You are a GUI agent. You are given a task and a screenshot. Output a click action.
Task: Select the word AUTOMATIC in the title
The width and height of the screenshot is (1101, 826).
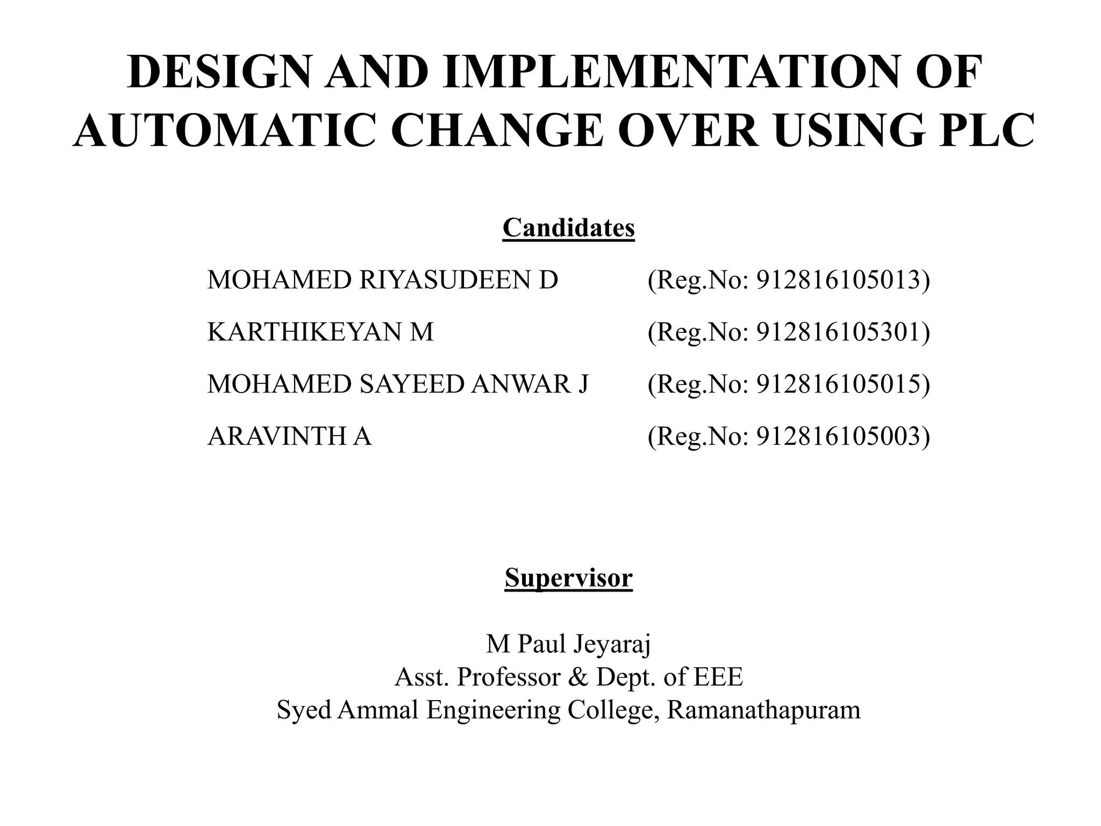[224, 131]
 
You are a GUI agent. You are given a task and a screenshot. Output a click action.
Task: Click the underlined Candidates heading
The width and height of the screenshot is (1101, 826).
[568, 228]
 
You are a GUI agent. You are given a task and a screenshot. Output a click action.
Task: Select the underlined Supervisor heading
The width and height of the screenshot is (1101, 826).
[568, 578]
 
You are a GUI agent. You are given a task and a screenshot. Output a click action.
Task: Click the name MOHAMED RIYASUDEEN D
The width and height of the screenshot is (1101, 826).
[383, 280]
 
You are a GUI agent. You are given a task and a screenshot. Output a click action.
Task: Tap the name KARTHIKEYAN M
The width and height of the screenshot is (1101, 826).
[320, 332]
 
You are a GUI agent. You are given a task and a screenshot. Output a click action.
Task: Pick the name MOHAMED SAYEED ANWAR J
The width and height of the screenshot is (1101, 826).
[398, 384]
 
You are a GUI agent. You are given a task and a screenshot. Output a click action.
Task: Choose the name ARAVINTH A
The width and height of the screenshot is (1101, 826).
[289, 436]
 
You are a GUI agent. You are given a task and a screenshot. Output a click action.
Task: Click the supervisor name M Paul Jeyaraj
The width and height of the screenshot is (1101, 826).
[568, 644]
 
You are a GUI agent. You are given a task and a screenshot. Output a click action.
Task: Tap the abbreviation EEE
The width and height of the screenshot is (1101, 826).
[718, 677]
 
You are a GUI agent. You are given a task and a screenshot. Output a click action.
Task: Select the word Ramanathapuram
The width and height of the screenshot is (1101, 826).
[763, 710]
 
